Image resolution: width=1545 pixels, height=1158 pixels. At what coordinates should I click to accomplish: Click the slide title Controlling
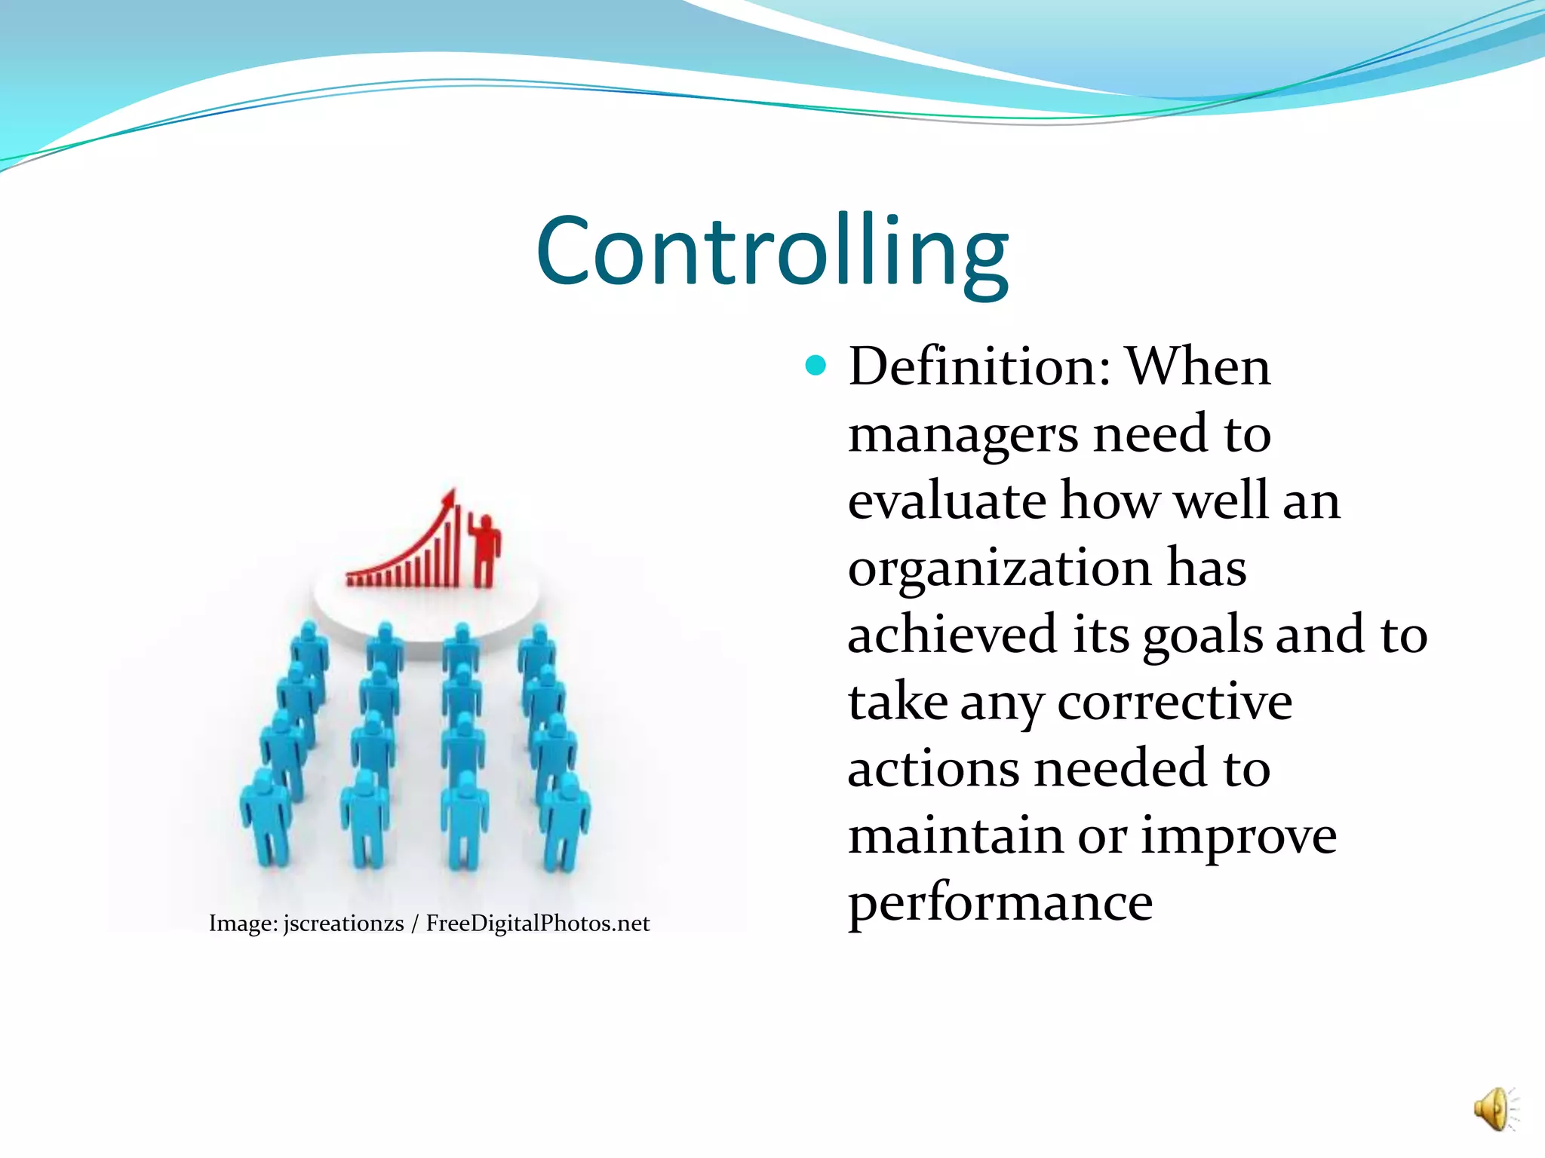[x=772, y=251]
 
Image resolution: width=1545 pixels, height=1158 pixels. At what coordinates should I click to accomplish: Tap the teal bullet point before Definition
[x=816, y=366]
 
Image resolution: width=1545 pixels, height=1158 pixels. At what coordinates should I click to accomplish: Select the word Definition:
[x=979, y=367]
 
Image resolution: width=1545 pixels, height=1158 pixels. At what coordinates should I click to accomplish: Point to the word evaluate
[x=947, y=501]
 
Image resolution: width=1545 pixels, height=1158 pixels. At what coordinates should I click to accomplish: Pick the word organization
[x=999, y=569]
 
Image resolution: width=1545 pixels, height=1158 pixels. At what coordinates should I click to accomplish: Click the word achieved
[x=951, y=635]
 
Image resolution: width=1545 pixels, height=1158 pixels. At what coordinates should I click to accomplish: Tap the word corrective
[x=1175, y=703]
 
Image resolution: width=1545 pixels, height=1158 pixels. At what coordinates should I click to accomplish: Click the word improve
[x=1238, y=837]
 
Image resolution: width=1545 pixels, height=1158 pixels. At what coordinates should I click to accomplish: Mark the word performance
[x=1000, y=904]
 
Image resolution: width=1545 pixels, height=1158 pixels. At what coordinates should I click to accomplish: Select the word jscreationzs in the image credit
[x=343, y=924]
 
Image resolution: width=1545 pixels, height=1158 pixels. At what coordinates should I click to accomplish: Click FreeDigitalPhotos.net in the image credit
[x=537, y=924]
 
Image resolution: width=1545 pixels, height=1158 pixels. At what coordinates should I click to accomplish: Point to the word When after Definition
[x=1197, y=367]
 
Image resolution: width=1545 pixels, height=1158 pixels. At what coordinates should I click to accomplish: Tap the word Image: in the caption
[x=243, y=924]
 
